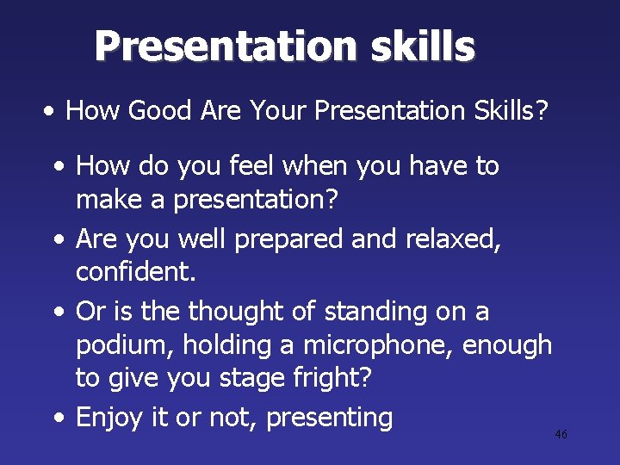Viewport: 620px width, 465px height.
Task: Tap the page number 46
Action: click(561, 435)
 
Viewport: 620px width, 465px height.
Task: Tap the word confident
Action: click(136, 273)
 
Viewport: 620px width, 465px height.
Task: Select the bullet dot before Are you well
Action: click(58, 238)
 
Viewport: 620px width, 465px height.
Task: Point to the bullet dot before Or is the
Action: click(58, 310)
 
